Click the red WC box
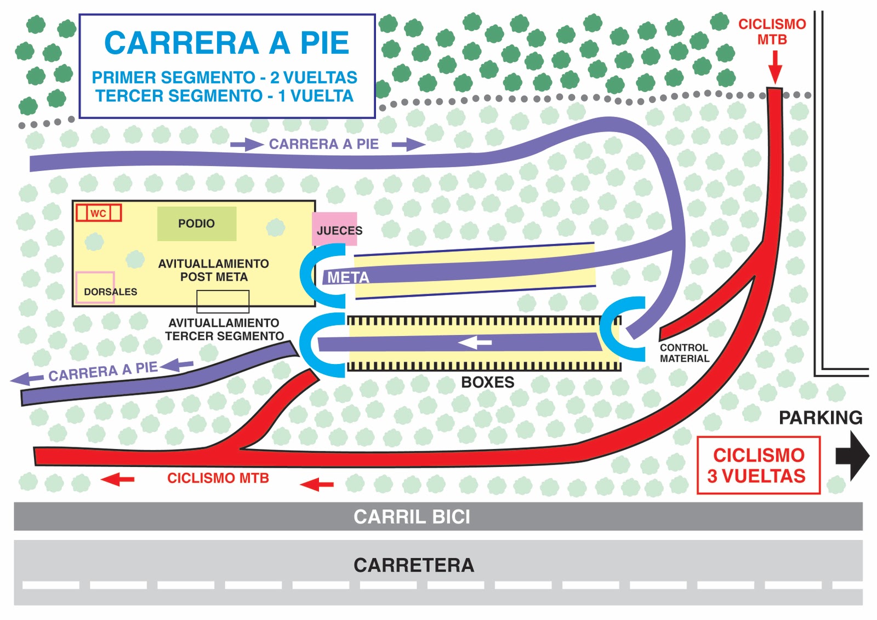click(x=99, y=213)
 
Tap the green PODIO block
click(x=197, y=224)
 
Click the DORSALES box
click(x=95, y=287)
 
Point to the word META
click(x=348, y=277)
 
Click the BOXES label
click(x=487, y=382)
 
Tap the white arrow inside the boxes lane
click(x=475, y=343)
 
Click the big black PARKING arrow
click(x=852, y=456)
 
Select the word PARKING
click(x=820, y=418)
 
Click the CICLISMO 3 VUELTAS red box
click(x=758, y=465)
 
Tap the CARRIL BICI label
click(x=412, y=516)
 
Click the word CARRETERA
click(x=414, y=565)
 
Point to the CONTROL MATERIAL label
click(x=684, y=353)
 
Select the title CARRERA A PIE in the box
click(x=227, y=43)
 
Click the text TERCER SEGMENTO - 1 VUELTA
click(x=225, y=96)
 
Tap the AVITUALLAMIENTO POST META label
click(x=214, y=270)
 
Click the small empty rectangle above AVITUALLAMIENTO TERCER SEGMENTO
click(x=223, y=302)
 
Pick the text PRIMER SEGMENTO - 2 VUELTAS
click(x=225, y=77)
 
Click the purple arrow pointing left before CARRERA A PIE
click(x=27, y=378)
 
